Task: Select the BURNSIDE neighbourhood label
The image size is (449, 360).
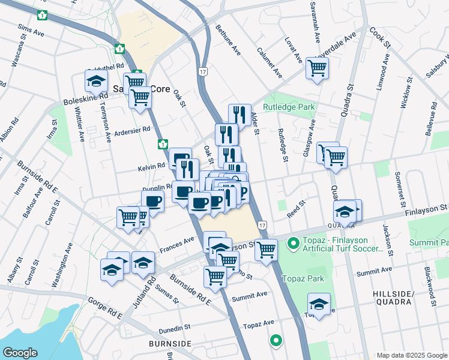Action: click(170, 343)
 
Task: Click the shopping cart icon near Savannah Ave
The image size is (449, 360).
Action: click(316, 68)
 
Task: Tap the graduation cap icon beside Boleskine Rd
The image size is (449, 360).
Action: click(95, 80)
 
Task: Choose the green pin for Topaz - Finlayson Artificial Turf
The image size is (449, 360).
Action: click(293, 244)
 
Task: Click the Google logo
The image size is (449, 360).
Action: click(20, 352)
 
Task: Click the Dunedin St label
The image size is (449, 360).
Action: click(174, 329)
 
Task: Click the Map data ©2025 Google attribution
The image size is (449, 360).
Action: click(412, 355)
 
